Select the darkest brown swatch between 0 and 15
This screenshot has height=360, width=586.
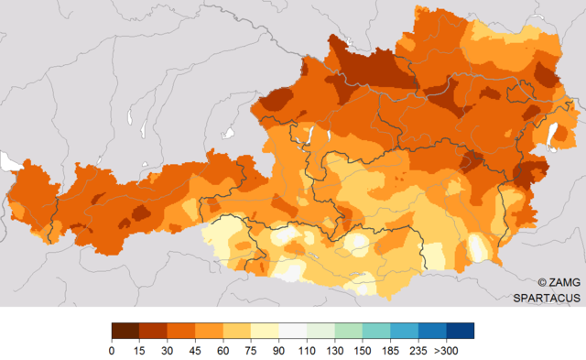125,331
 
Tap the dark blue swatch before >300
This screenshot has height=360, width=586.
461,331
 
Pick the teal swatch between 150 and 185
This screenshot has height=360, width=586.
376,331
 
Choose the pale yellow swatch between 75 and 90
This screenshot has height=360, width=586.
265,331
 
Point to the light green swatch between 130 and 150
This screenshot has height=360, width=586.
349,331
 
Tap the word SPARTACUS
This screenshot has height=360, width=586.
546,298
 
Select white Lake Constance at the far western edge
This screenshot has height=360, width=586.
11,163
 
